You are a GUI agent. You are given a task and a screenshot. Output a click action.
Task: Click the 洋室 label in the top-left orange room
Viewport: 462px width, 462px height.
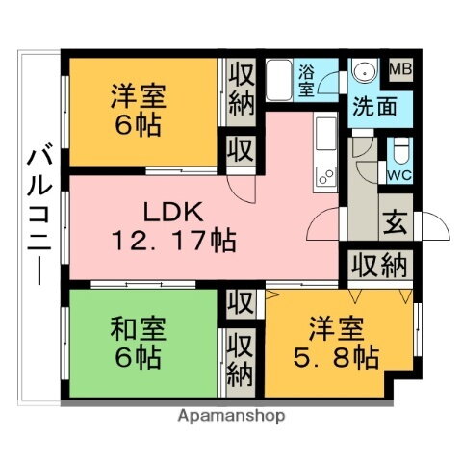139,96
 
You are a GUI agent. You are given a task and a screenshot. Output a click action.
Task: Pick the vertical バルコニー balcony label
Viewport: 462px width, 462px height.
39,215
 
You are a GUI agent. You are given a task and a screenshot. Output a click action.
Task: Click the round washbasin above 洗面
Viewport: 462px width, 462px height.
365,75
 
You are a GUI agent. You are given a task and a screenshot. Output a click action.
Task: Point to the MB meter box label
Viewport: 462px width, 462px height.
400,69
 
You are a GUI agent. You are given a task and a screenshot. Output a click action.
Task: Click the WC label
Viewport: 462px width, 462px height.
399,174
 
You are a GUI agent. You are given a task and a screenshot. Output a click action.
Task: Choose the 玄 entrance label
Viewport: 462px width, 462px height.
396,221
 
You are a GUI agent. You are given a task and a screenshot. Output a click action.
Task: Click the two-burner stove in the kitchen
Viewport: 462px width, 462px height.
324,175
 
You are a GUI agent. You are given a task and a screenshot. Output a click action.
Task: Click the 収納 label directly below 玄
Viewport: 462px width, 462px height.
378,265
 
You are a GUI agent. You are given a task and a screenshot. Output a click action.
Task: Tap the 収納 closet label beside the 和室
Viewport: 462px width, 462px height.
241,358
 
